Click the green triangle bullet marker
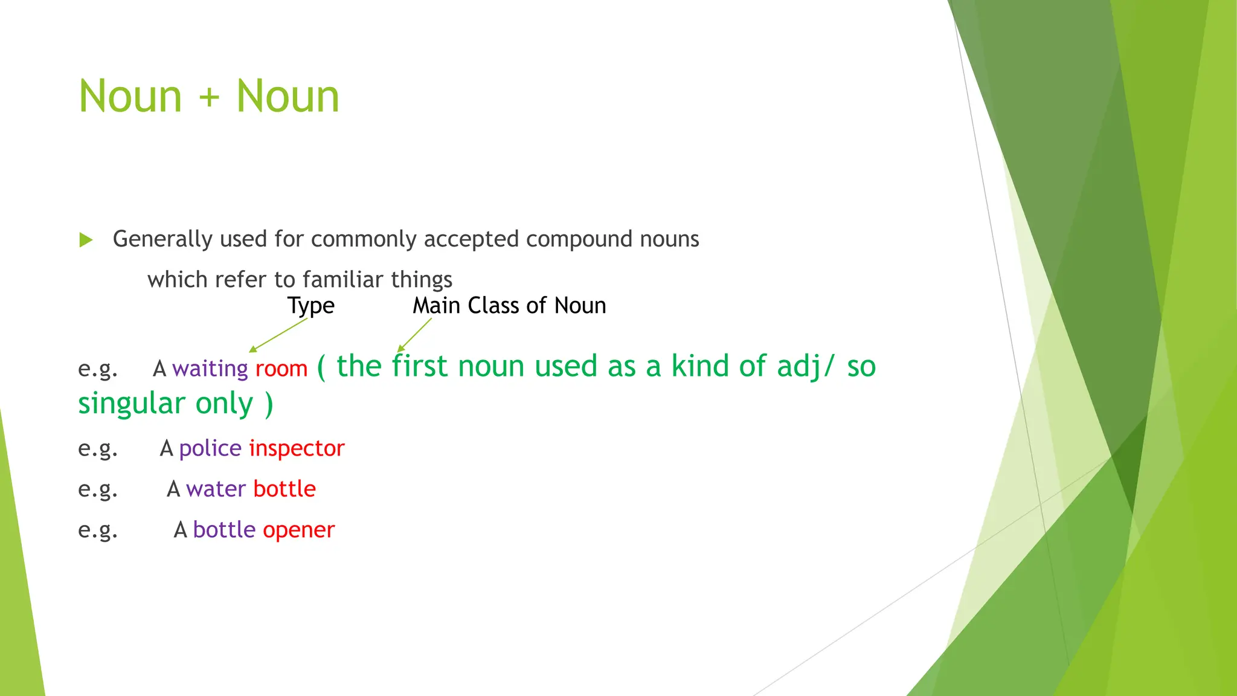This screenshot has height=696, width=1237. (x=86, y=240)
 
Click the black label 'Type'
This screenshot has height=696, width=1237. (x=310, y=306)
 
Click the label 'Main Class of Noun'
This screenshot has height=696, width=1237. (x=509, y=306)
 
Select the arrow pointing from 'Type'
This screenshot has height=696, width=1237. (x=278, y=335)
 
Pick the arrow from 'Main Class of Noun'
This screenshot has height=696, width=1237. (x=414, y=335)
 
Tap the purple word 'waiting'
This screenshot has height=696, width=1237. (x=210, y=369)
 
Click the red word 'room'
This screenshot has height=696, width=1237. (x=281, y=369)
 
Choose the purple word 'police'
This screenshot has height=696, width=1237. (x=210, y=448)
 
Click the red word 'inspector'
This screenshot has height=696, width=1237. (x=297, y=448)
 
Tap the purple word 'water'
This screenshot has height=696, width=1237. (x=216, y=489)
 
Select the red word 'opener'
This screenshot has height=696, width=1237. (x=298, y=530)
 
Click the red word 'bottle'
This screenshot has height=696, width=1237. (x=284, y=489)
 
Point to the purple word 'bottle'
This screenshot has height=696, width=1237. (x=224, y=530)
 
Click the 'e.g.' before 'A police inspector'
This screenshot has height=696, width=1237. (x=98, y=449)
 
